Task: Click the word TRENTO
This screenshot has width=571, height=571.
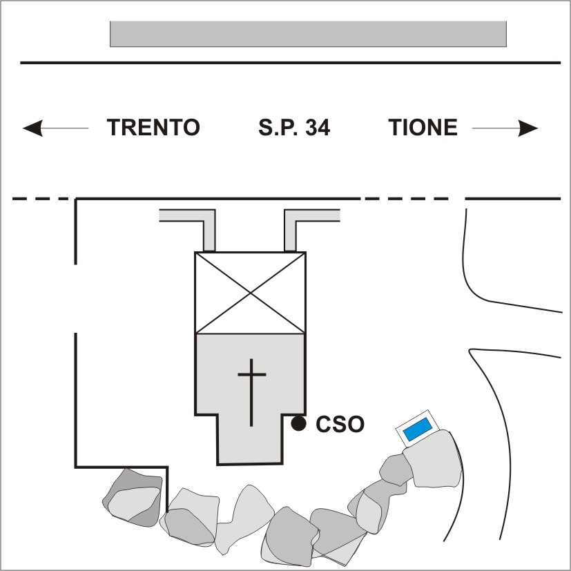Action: click(x=153, y=128)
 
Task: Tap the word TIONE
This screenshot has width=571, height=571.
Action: click(x=423, y=128)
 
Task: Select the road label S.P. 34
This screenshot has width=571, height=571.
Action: click(x=294, y=128)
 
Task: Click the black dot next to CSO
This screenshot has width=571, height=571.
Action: click(x=298, y=423)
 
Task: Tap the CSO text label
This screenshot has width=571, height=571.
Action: click(x=340, y=424)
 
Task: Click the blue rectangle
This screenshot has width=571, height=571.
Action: click(x=418, y=429)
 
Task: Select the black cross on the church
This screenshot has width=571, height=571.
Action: click(x=251, y=391)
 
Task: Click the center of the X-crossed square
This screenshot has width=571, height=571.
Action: click(x=251, y=293)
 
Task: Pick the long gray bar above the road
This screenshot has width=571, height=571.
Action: click(x=308, y=34)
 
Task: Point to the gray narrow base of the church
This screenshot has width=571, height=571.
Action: click(x=250, y=442)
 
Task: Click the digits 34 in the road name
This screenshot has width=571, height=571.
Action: click(x=317, y=128)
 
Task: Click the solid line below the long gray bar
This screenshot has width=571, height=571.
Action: click(x=290, y=63)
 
